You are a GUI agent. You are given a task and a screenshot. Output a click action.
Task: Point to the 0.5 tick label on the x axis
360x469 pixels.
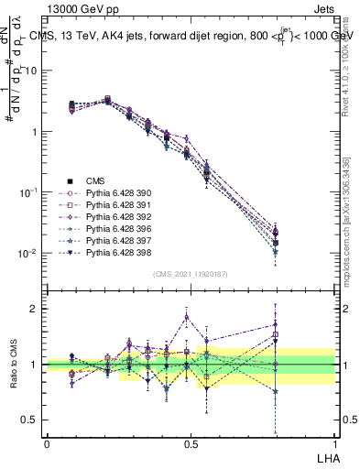[191, 443]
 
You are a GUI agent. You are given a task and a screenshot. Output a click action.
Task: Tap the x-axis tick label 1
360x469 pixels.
[334, 443]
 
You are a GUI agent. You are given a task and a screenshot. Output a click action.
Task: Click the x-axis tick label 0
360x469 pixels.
[47, 443]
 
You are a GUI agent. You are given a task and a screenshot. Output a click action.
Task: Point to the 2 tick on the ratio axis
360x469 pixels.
[36, 309]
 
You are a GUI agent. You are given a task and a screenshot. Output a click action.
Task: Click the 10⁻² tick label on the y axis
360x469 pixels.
[30, 253]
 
